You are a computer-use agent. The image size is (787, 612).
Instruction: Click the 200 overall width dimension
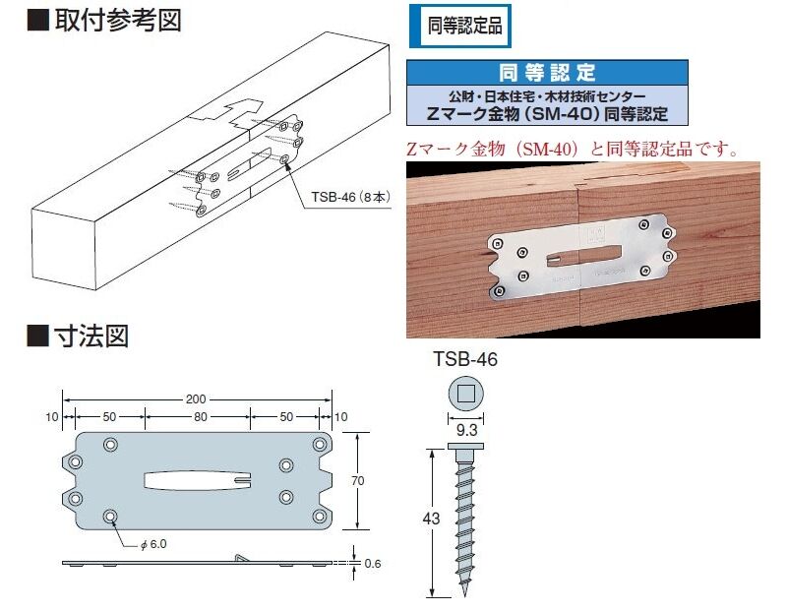[x=196, y=399]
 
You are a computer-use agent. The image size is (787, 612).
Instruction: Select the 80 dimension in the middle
[x=201, y=417]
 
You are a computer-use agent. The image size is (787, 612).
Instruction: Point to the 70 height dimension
[x=358, y=480]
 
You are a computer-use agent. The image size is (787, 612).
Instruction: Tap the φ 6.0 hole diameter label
[x=153, y=544]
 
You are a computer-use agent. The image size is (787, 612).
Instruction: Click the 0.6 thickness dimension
[x=373, y=564]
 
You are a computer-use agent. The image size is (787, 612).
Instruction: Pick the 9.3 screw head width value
[x=466, y=430]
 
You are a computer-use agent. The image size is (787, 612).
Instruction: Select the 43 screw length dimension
[x=431, y=519]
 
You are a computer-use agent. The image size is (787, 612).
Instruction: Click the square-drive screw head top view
[x=465, y=394]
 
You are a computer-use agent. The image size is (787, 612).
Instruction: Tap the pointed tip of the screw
[x=465, y=596]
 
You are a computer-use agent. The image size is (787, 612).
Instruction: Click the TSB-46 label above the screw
[x=465, y=359]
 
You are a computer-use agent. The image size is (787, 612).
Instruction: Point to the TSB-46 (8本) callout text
[x=350, y=197]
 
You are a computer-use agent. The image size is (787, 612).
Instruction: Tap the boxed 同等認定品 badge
[x=460, y=27]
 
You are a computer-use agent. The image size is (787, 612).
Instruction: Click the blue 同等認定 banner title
[x=547, y=73]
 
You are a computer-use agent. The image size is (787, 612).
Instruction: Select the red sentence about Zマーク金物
[x=573, y=150]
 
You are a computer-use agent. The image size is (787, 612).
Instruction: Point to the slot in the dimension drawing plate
[x=198, y=480]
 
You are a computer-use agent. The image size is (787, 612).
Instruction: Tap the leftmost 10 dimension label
[x=52, y=417]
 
